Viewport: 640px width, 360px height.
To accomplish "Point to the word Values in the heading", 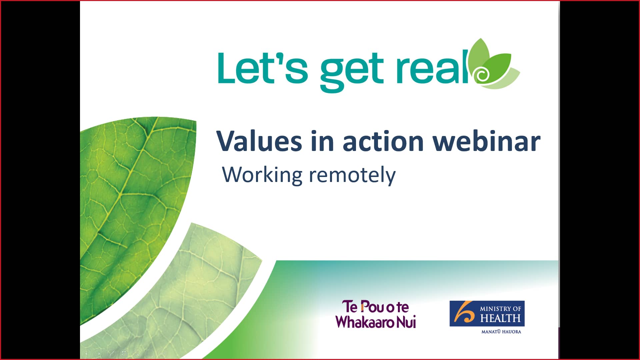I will tap(259, 141).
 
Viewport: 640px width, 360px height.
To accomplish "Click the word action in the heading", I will tap(383, 141).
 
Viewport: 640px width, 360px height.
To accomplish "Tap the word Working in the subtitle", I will tap(262, 175).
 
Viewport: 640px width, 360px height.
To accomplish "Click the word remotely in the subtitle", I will tap(352, 175).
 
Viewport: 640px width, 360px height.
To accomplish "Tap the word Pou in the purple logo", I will tap(372, 307).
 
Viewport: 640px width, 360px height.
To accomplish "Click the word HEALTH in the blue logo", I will tap(500, 318).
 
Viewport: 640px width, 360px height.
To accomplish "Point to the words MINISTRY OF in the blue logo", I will tap(500, 309).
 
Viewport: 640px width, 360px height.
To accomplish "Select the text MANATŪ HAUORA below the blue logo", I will tap(501, 332).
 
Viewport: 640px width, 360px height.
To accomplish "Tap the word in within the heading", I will tap(322, 141).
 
